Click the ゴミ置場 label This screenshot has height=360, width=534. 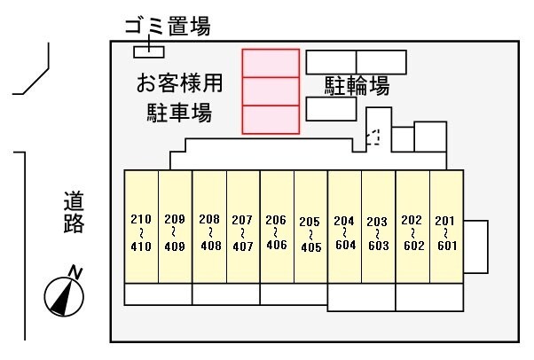tap(168, 27)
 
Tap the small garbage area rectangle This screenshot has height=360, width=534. tap(149, 51)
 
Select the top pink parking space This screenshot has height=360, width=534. tap(271, 63)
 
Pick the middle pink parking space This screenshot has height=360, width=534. tap(271, 91)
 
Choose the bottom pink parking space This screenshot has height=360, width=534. tap(271, 120)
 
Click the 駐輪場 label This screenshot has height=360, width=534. tap(357, 85)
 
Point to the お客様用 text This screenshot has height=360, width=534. tap(179, 82)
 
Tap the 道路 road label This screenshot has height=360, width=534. tap(74, 212)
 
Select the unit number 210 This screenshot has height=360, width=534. tap(141, 219)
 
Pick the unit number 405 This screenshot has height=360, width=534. tap(311, 247)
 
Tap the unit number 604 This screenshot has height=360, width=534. tap(345, 245)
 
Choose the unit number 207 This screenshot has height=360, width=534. tap(242, 220)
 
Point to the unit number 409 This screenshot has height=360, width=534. tap(175, 246)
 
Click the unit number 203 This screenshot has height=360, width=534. tap(377, 222)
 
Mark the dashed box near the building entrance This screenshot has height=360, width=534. tap(373, 137)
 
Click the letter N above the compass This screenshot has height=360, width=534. tap(75, 273)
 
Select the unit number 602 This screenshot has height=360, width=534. tap(413, 246)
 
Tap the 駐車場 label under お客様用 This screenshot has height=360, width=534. tap(179, 112)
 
